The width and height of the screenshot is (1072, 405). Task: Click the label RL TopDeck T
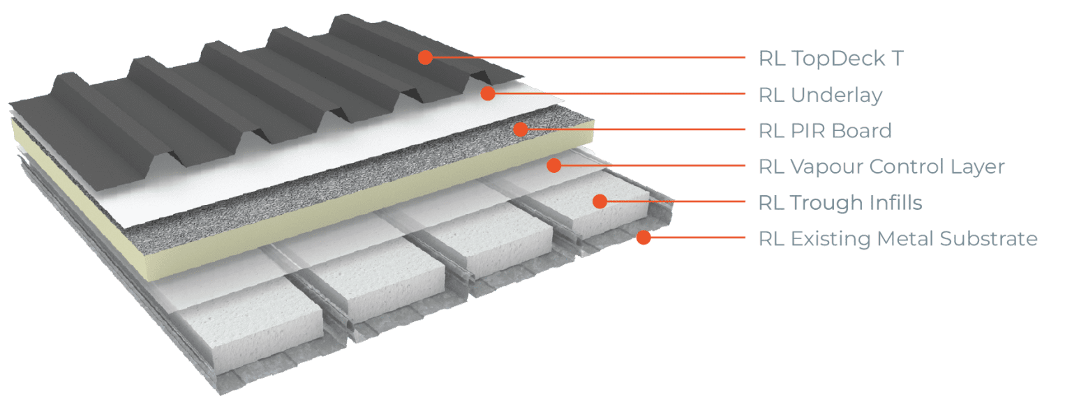tap(831, 59)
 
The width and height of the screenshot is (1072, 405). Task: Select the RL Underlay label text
tap(820, 95)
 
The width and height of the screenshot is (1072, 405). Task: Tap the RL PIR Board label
tap(825, 130)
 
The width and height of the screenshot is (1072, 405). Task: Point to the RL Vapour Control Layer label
tap(881, 167)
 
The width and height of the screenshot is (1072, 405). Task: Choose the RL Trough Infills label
tap(840, 203)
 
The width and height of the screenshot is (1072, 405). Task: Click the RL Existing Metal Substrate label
tap(898, 239)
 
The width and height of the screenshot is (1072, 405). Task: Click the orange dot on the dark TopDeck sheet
tap(425, 57)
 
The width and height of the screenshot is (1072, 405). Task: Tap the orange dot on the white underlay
tap(488, 93)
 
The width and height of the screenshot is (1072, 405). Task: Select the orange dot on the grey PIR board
tap(519, 129)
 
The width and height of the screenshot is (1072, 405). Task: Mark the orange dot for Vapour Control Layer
tap(553, 165)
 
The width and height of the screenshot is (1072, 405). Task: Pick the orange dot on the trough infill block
tap(600, 201)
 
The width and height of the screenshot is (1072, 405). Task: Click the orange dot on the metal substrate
tap(643, 238)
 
